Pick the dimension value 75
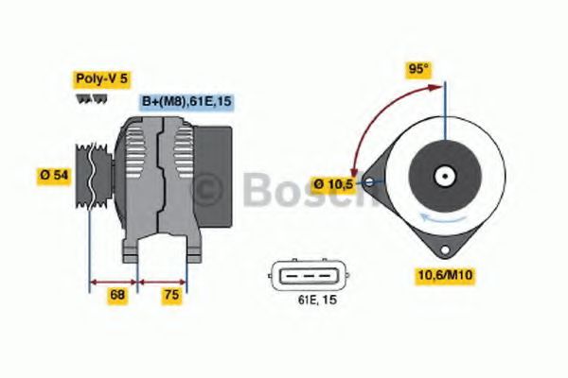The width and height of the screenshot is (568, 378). (171, 296)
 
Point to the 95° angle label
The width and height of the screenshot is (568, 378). (417, 69)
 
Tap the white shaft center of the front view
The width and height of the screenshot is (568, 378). (443, 176)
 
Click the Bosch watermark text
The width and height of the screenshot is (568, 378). (284, 191)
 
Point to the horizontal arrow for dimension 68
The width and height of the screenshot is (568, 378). (114, 281)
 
